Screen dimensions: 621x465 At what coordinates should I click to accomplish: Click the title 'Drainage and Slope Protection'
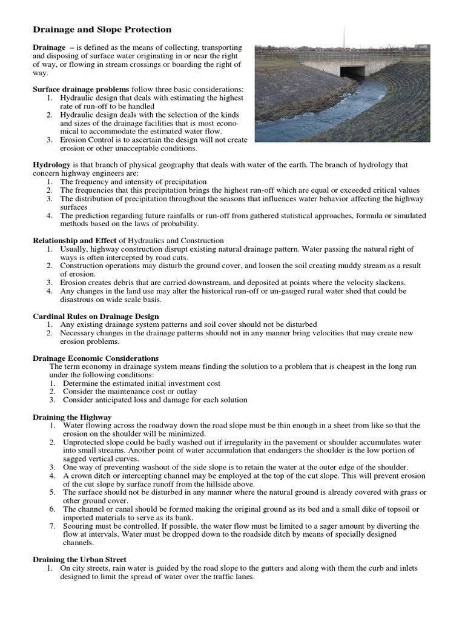point(102,29)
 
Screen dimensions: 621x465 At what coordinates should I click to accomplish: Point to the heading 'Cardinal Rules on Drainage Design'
point(96,316)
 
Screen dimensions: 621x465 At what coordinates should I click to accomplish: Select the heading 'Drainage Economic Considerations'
point(95,358)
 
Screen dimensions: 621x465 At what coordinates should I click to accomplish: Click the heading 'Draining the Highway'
point(71,417)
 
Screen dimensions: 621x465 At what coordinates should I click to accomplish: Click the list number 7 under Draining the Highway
point(53,526)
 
